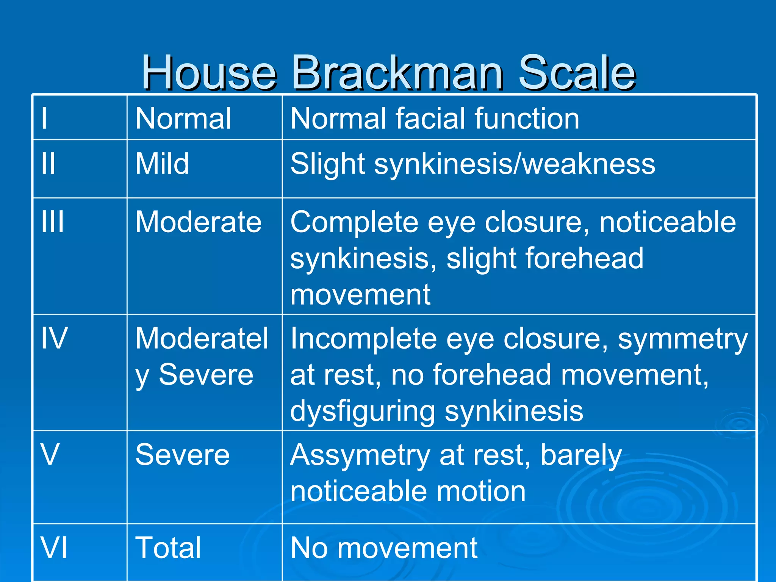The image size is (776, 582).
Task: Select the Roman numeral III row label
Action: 53,222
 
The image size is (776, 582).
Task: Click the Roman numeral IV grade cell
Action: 55,338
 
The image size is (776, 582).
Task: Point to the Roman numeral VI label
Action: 54,548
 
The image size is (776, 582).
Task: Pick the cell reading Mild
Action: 162,164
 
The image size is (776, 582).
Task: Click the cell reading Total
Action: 168,548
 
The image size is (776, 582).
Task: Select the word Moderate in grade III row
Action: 199,222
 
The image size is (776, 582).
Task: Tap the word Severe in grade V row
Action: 183,455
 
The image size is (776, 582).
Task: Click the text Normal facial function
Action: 435,119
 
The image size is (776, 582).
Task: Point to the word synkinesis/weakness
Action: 515,164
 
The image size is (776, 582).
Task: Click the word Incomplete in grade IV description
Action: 363,339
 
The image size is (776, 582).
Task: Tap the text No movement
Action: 384,548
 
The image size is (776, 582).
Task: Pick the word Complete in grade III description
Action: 354,223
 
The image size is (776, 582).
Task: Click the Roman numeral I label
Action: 44,119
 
